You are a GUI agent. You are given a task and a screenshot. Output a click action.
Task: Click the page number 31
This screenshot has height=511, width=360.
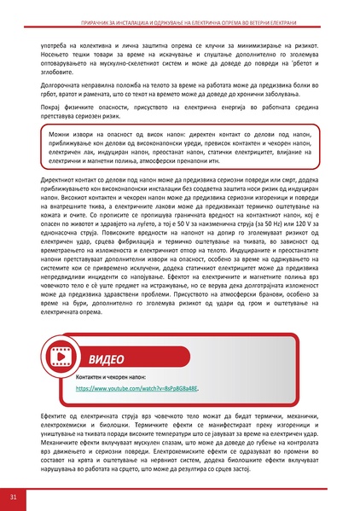(12, 496)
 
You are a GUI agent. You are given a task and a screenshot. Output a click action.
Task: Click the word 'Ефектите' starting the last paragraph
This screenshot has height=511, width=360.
(55, 415)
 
